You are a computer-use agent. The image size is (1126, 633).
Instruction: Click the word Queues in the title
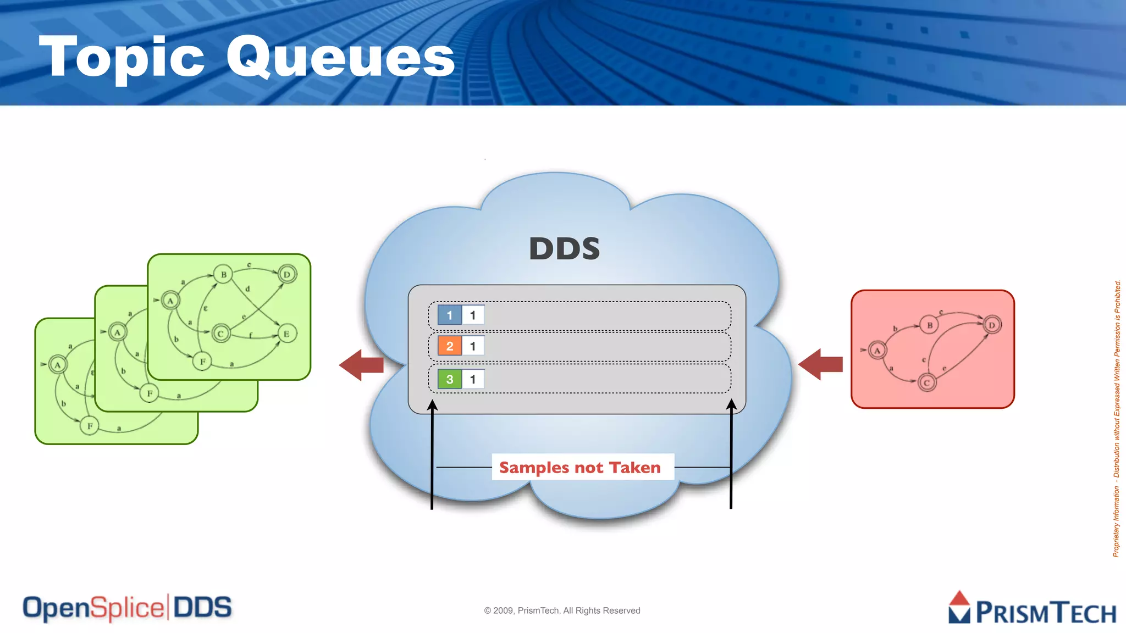click(x=341, y=57)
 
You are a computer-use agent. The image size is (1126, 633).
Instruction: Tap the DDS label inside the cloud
click(x=564, y=248)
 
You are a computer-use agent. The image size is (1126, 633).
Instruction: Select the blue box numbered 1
click(x=449, y=315)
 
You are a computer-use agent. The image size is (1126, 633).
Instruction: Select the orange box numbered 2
click(x=449, y=346)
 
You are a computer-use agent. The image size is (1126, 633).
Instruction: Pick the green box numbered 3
click(x=449, y=379)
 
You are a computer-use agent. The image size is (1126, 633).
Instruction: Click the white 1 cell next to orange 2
click(x=473, y=346)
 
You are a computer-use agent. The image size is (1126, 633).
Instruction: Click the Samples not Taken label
click(x=580, y=468)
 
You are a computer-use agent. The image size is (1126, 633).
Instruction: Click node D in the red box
click(x=992, y=325)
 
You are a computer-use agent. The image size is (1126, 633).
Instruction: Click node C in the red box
click(x=926, y=382)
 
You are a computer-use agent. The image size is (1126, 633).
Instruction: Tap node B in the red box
click(x=929, y=325)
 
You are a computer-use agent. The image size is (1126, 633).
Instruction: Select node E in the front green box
click(x=286, y=334)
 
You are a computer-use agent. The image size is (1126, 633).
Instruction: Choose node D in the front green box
click(x=287, y=274)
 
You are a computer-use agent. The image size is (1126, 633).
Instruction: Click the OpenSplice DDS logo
click(x=127, y=608)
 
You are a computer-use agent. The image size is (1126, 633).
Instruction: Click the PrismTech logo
click(x=1032, y=609)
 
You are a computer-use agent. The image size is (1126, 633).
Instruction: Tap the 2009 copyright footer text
click(x=562, y=610)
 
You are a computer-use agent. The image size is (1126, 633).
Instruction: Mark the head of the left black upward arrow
click(x=433, y=406)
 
